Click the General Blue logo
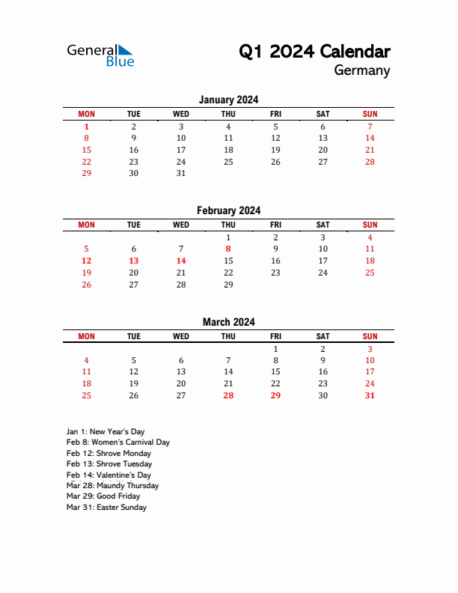[100, 55]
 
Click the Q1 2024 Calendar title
[314, 52]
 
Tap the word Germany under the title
[362, 71]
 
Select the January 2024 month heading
[228, 100]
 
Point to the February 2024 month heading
[228, 210]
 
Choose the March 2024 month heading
[228, 322]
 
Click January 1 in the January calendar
[86, 127]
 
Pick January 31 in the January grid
[181, 173]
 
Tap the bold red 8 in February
[228, 249]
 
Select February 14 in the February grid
[181, 261]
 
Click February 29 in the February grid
[228, 285]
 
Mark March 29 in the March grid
[275, 395]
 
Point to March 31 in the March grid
[370, 395]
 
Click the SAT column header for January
[323, 114]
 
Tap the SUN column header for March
[370, 336]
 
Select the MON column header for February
[86, 225]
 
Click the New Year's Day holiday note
[106, 431]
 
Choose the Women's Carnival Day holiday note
[118, 443]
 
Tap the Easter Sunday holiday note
[106, 507]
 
